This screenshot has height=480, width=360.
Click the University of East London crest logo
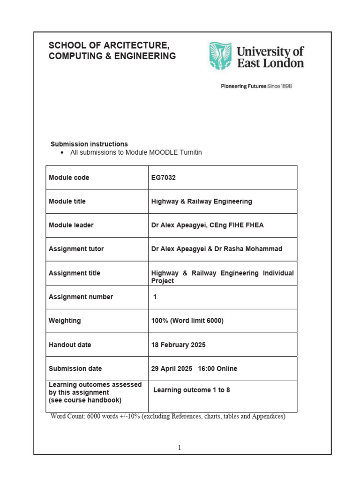(x=220, y=56)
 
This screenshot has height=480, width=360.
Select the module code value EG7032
(x=164, y=178)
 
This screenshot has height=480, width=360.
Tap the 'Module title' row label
(x=67, y=201)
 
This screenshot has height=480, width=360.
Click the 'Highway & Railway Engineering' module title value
(x=202, y=201)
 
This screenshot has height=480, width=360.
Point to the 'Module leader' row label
(x=71, y=225)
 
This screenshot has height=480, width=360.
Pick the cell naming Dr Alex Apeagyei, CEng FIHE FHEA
(x=207, y=225)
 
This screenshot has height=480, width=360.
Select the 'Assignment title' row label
(x=75, y=273)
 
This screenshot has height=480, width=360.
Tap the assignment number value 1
(x=155, y=297)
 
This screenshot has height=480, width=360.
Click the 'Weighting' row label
(x=65, y=321)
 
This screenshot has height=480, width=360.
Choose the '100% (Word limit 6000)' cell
(x=187, y=321)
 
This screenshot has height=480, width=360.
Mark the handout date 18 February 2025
(x=178, y=345)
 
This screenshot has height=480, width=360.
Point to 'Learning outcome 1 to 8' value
(x=192, y=390)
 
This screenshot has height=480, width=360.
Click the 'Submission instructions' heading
(x=89, y=144)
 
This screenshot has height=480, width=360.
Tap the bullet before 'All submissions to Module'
(x=62, y=153)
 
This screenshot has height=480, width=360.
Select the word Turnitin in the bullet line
(x=188, y=152)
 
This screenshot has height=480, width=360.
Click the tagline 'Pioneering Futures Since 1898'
(x=256, y=86)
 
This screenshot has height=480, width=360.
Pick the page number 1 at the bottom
(x=180, y=448)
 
